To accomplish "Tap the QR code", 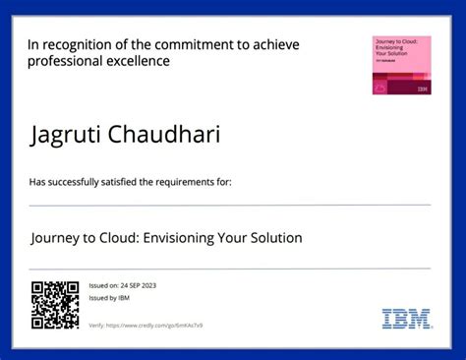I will tap(54, 304).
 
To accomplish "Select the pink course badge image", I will tap(401, 66).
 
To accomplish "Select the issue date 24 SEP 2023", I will tap(138, 285).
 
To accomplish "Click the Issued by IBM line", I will tap(109, 296).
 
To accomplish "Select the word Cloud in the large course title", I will tap(120, 238).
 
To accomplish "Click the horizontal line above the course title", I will tap(230, 205).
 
